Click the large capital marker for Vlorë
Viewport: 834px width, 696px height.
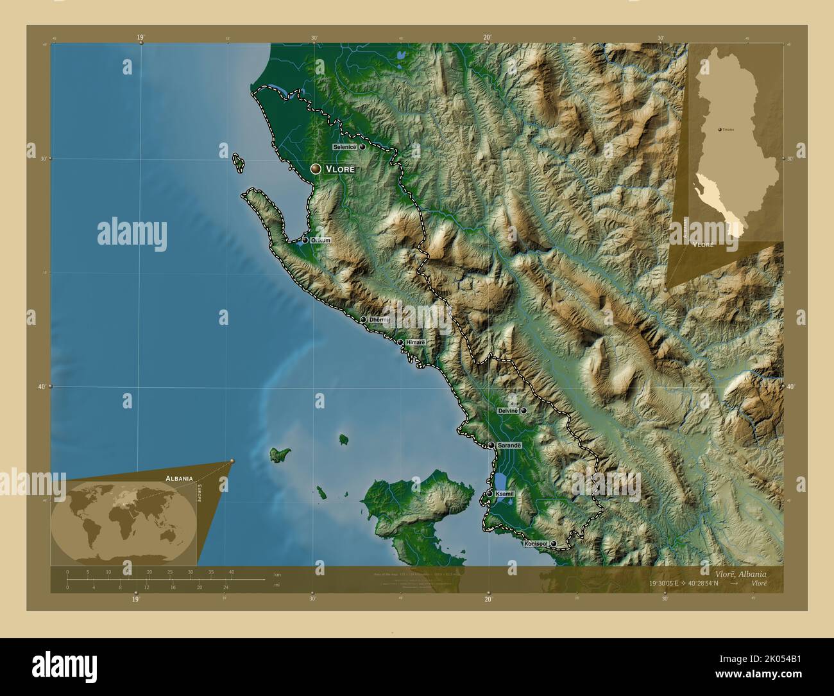pyautogui.click(x=315, y=169)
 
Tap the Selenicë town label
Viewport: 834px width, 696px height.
pyautogui.click(x=345, y=147)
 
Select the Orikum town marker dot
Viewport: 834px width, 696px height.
pyautogui.click(x=305, y=241)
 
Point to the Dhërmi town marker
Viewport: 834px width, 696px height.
pyautogui.click(x=363, y=319)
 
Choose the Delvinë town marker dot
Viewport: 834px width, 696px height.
pyautogui.click(x=524, y=410)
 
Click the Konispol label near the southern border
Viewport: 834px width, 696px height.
pyautogui.click(x=536, y=544)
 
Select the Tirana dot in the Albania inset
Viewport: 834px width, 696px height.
pyautogui.click(x=720, y=129)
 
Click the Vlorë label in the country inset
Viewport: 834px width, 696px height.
pyautogui.click(x=703, y=245)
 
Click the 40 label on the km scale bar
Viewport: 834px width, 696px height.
pyautogui.click(x=232, y=572)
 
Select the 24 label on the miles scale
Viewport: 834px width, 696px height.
pyautogui.click(x=226, y=587)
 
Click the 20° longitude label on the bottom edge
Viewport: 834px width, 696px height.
pyautogui.click(x=488, y=599)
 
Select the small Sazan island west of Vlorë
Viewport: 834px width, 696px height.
pyautogui.click(x=239, y=163)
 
